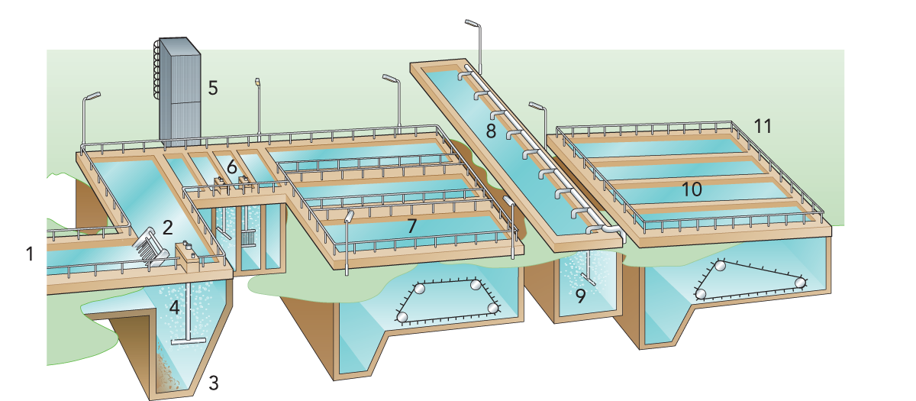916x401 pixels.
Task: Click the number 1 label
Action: coord(30,254)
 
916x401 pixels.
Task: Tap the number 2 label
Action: coord(168,226)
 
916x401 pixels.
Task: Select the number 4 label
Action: coord(175,309)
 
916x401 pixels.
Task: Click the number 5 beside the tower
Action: coord(213,88)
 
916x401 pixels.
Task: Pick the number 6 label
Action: coord(231,166)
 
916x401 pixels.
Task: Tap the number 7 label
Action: coord(411,226)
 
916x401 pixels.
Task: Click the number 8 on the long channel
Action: coord(490,131)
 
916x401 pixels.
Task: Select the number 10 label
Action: coord(692,189)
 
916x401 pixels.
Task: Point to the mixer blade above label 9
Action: coord(589,275)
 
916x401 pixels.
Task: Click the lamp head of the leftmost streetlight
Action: coord(92,96)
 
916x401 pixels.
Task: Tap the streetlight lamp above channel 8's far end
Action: coord(471,23)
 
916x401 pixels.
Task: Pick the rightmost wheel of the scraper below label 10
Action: coord(800,283)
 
